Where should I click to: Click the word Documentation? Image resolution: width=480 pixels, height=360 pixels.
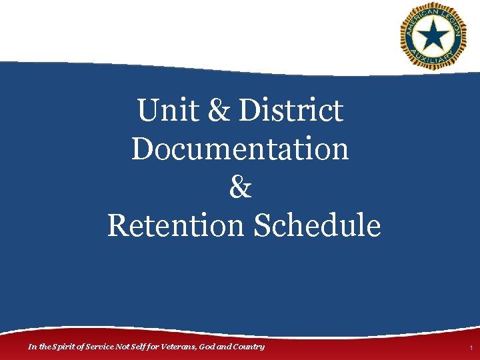tap(240, 149)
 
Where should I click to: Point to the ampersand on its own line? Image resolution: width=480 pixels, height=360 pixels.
tap(240, 187)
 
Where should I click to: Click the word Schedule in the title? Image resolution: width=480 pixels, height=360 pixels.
tap(317, 225)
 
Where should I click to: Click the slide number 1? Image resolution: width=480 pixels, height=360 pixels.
tap(470, 349)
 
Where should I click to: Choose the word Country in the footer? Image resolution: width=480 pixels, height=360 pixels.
tap(247, 347)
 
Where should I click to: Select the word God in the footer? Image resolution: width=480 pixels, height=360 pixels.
tap(207, 347)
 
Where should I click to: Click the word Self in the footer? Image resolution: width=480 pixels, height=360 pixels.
tap(138, 347)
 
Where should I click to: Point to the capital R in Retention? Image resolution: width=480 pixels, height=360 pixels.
tap(117, 225)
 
